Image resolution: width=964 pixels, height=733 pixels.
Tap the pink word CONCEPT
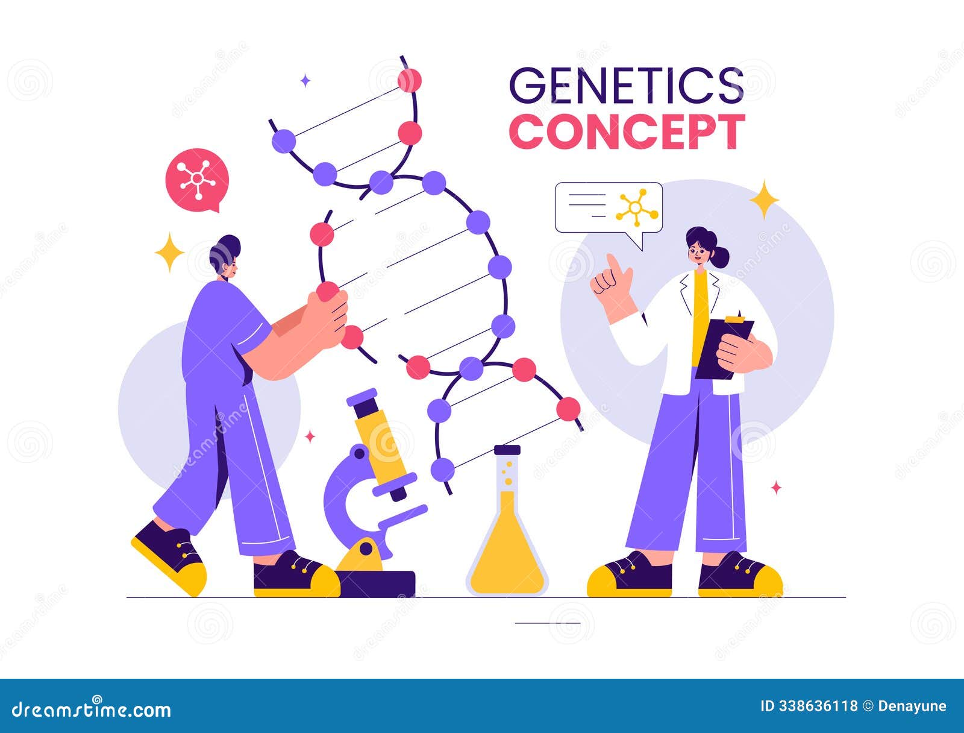pos(627,131)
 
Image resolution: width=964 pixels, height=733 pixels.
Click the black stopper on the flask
pos(507,450)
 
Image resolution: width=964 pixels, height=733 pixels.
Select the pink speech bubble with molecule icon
pos(197,179)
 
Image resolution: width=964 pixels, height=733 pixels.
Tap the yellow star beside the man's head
pos(169,251)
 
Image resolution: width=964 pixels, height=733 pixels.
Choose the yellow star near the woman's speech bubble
pos(764,199)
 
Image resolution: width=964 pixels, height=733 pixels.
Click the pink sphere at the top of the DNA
pos(410,80)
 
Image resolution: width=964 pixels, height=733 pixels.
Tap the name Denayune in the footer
pos(912,706)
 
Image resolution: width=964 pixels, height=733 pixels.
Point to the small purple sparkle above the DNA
pos(305,81)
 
